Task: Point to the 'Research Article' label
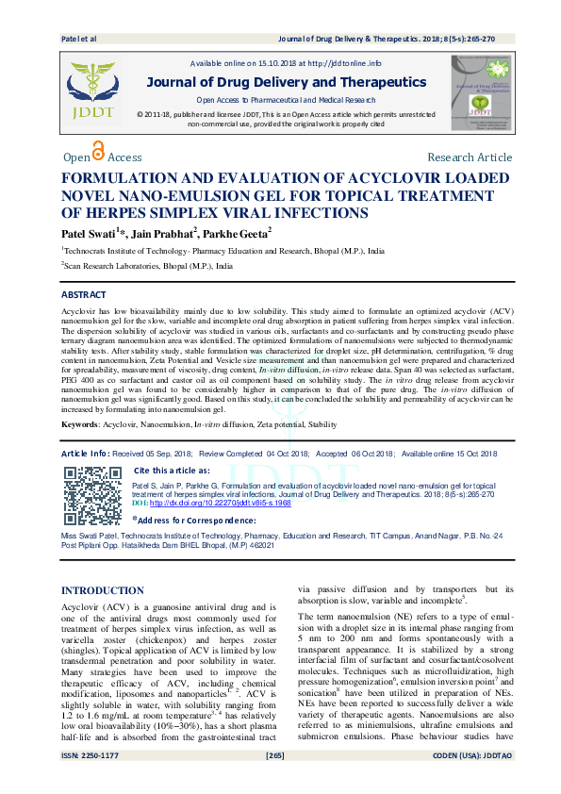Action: click(470, 157)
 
